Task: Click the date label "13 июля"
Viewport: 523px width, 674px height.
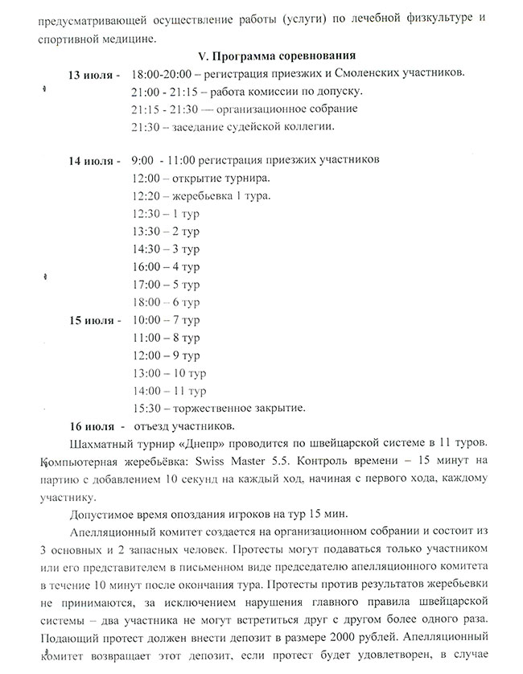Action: pyautogui.click(x=93, y=75)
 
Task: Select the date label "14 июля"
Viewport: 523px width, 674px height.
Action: pyautogui.click(x=93, y=160)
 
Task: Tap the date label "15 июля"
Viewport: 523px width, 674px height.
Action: pyautogui.click(x=93, y=320)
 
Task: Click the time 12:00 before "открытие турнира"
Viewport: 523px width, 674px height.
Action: pyautogui.click(x=146, y=178)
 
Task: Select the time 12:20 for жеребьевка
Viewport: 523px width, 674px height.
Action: pyautogui.click(x=146, y=196)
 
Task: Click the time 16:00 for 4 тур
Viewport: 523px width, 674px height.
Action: pyautogui.click(x=146, y=266)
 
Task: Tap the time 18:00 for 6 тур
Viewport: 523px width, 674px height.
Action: pyautogui.click(x=146, y=302)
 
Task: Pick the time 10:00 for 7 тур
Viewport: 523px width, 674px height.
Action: pyautogui.click(x=146, y=320)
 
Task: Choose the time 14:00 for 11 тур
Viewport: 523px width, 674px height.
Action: pyautogui.click(x=146, y=390)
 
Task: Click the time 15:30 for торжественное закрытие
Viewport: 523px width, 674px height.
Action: pyautogui.click(x=146, y=408)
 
